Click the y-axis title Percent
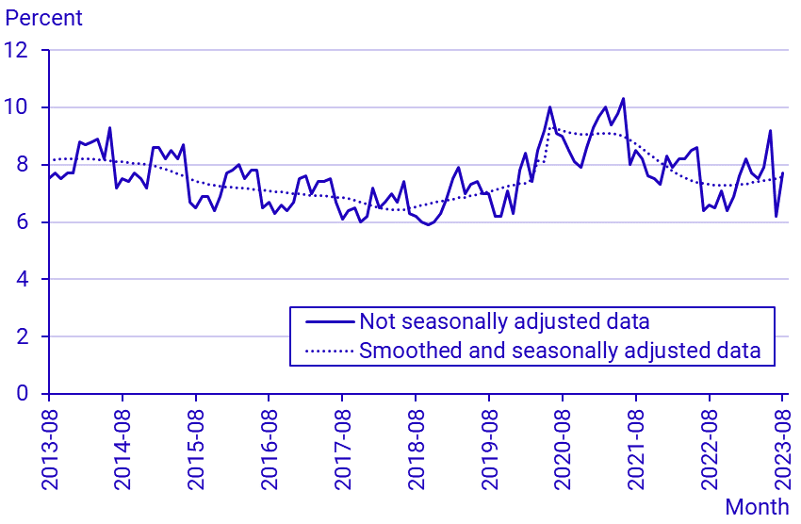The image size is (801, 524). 44,18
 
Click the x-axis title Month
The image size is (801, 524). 757,507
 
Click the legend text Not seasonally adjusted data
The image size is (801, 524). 504,321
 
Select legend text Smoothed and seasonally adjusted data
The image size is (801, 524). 560,352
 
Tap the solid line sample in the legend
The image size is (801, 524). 330,321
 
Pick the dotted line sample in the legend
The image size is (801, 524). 330,352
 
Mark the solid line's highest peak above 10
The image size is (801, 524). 623,98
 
